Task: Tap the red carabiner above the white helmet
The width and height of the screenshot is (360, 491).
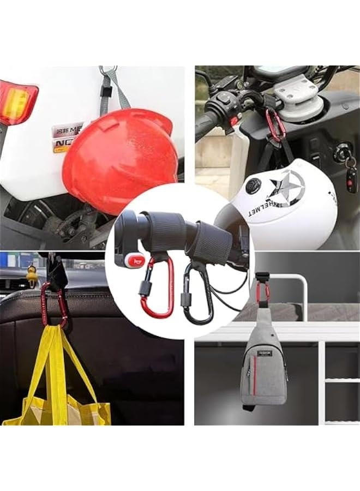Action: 275,125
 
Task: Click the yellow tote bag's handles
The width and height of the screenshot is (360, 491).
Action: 60,355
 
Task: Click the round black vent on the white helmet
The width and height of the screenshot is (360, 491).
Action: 252,187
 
